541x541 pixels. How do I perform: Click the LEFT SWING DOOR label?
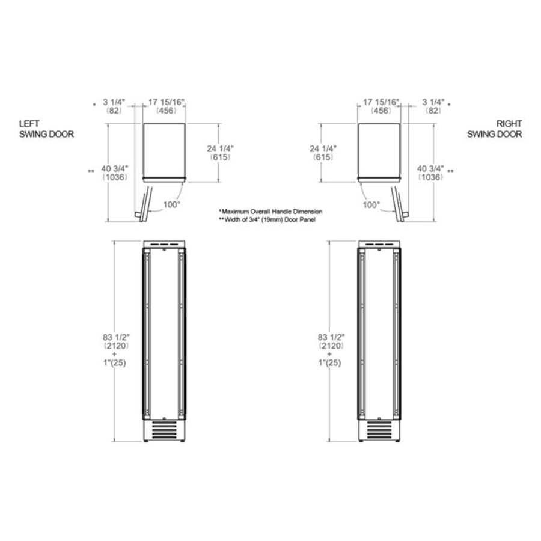pyautogui.click(x=46, y=129)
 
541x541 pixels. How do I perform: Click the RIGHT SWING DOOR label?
pyautogui.click(x=495, y=129)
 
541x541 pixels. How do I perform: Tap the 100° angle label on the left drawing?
pyautogui.click(x=171, y=204)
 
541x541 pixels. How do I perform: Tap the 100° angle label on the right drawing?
pyautogui.click(x=371, y=204)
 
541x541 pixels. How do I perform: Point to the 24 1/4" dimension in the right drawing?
pyautogui.click(x=323, y=148)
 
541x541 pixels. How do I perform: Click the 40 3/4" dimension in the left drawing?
pyautogui.click(x=114, y=168)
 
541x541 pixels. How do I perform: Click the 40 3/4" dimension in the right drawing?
pyautogui.click(x=430, y=168)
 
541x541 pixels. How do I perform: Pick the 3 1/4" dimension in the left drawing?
pyautogui.click(x=115, y=103)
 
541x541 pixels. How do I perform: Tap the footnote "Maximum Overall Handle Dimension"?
pyautogui.click(x=270, y=212)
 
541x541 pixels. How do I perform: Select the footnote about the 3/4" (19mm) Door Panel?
pyautogui.click(x=268, y=221)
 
